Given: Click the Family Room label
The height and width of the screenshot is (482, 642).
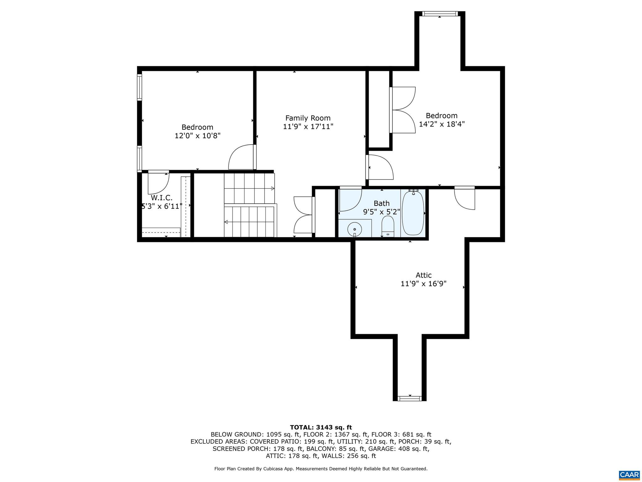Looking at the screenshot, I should click(x=308, y=118).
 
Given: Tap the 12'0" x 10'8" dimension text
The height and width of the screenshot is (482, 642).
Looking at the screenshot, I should click(x=197, y=136).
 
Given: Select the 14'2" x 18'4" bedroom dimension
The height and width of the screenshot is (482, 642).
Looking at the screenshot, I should click(x=441, y=124).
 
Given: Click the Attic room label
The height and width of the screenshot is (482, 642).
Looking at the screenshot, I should click(x=424, y=275).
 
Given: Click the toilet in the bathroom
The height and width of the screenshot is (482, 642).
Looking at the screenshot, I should click(x=388, y=226).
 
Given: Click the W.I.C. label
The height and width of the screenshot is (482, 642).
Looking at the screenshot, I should click(x=161, y=198).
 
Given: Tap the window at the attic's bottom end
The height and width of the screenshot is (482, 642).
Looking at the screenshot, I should click(x=409, y=399).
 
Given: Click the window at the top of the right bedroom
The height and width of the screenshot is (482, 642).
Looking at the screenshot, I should click(x=439, y=13).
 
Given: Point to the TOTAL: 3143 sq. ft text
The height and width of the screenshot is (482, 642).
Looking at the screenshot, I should click(x=321, y=427).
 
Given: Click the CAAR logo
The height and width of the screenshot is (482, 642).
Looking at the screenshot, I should click(x=629, y=474).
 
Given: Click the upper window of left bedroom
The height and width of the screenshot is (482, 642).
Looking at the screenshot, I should click(x=139, y=87).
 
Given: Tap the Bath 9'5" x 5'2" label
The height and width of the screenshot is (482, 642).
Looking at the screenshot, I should click(x=382, y=208).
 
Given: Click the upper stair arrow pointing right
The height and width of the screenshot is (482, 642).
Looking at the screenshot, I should click(x=272, y=188).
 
